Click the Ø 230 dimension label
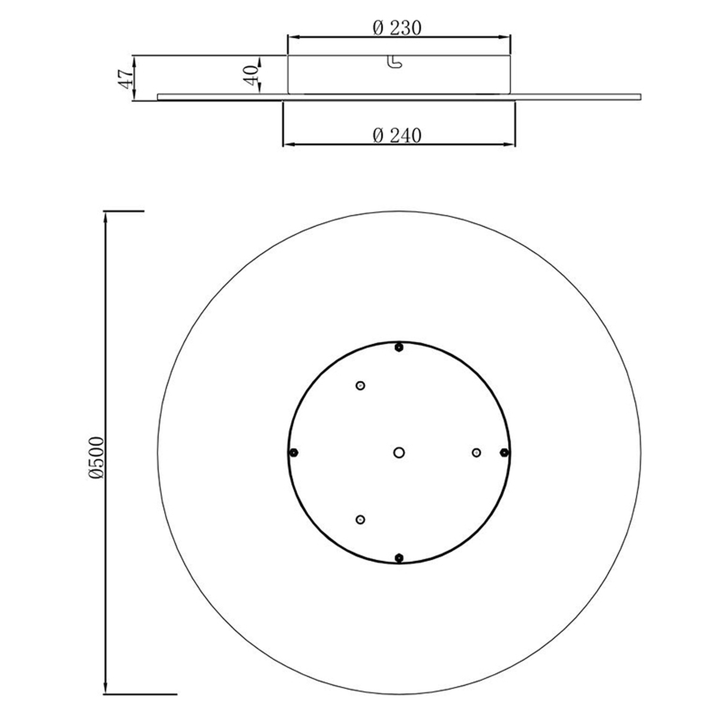click(397, 28)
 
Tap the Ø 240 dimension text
click(397, 136)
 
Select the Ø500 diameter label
click(97, 458)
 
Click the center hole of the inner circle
click(399, 453)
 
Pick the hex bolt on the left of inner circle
click(293, 453)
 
